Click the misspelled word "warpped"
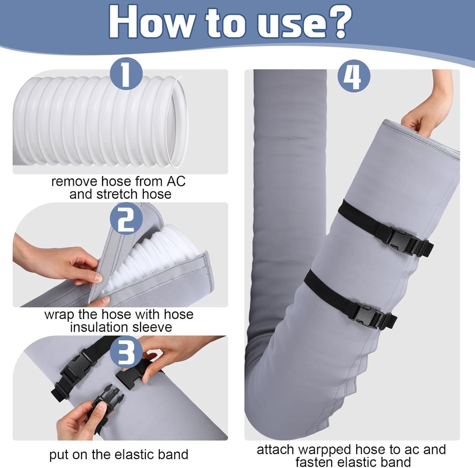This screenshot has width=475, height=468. (327, 449)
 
